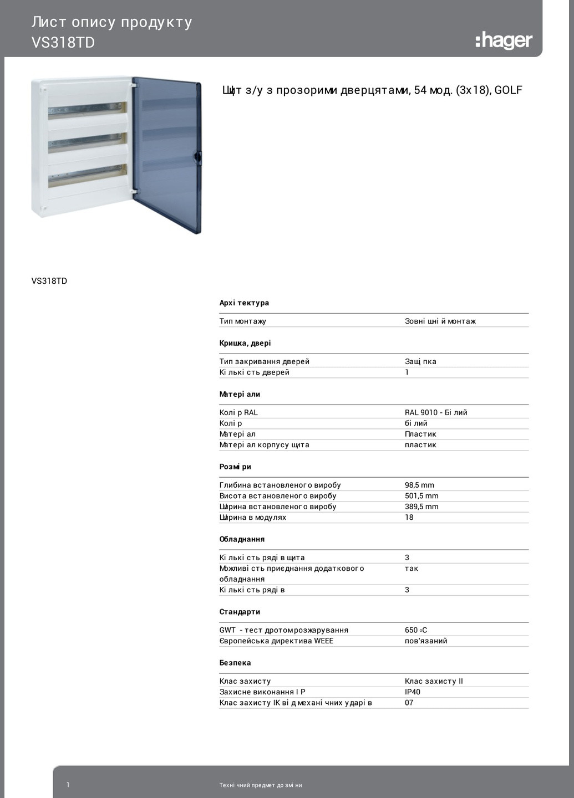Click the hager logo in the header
click(504, 40)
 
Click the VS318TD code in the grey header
click(63, 43)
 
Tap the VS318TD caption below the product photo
click(49, 281)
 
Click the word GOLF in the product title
click(508, 90)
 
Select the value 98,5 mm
click(419, 485)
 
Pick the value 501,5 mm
click(421, 496)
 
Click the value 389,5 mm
click(421, 507)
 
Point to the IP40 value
click(413, 692)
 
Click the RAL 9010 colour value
click(436, 412)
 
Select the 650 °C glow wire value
click(416, 630)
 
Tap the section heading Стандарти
click(240, 612)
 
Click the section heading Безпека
click(235, 663)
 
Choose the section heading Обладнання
click(242, 539)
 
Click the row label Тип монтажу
click(242, 321)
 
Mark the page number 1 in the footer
click(68, 785)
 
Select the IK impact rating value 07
click(409, 703)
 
